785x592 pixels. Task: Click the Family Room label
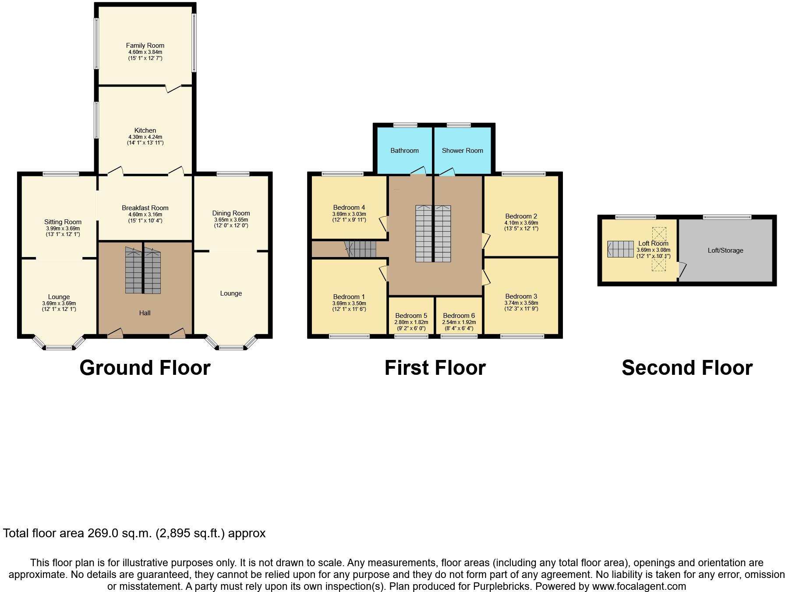145,46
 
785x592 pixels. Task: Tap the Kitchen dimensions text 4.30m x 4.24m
145,137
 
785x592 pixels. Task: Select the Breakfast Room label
145,208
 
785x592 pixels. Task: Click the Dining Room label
231,213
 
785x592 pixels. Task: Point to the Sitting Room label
63,222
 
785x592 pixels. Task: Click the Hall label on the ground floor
145,313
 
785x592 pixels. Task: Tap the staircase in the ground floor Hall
143,271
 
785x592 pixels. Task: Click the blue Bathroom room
404,151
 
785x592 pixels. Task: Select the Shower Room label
462,151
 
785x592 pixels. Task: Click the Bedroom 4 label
349,208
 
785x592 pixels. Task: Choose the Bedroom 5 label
411,316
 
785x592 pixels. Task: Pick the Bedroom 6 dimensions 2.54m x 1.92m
459,322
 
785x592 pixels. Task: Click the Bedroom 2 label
521,216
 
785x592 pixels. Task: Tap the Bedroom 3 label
521,296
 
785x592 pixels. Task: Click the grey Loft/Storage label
725,250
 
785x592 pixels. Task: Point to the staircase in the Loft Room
621,249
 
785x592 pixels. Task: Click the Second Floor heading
687,368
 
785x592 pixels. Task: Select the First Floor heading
435,368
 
